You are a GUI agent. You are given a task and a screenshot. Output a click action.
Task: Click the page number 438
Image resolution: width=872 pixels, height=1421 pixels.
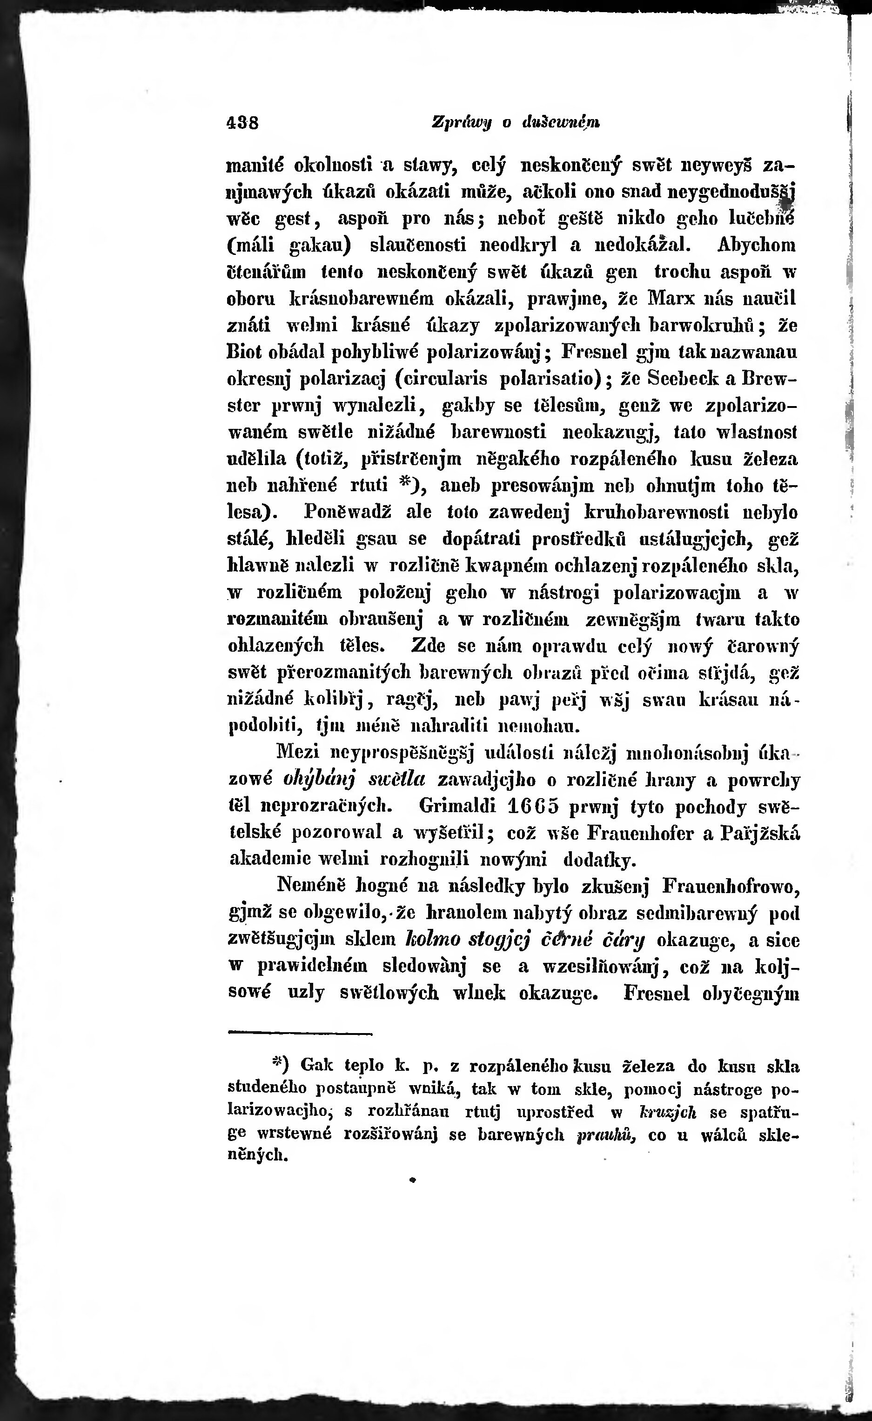(x=242, y=123)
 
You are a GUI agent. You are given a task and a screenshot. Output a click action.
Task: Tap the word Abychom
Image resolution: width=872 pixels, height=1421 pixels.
(x=757, y=245)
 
